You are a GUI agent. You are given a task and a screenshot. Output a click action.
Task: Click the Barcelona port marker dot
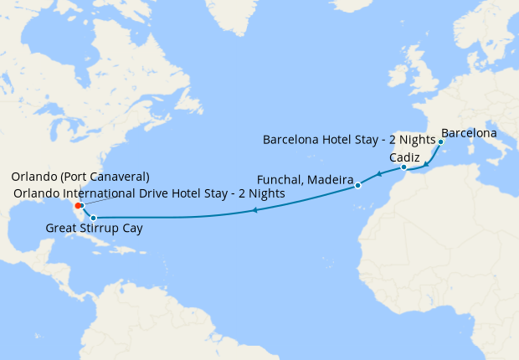point(440,141)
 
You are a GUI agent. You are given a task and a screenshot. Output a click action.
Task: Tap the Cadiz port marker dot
point(403,167)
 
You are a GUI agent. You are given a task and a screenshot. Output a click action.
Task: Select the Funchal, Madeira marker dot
point(357,185)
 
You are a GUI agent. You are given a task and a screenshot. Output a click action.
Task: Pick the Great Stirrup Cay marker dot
point(82,218)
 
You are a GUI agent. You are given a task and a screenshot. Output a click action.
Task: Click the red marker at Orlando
point(78,205)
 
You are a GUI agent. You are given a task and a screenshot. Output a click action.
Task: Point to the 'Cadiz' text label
point(405,157)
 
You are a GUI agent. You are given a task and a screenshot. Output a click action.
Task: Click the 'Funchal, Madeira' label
point(305,178)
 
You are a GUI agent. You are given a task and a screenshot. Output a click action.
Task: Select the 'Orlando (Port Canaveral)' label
point(80,177)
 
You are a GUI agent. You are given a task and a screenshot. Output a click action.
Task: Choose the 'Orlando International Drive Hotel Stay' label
point(149,193)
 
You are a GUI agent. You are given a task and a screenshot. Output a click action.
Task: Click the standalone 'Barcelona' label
point(469,132)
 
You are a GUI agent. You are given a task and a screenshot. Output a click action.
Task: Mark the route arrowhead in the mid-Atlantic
point(254,210)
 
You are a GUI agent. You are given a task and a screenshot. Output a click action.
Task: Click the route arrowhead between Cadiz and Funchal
point(378,175)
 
